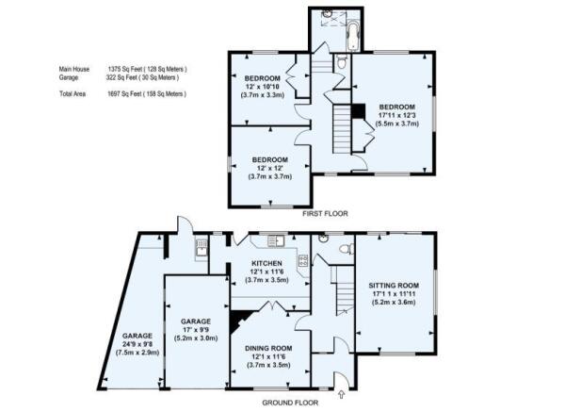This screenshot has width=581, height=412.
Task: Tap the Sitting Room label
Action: coord(394,286)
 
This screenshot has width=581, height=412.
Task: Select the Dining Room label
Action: coord(268,348)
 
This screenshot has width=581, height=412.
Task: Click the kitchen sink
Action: coord(276,240)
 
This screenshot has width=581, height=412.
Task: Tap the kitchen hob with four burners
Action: coord(303,260)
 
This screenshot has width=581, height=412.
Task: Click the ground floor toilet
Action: coord(347,249)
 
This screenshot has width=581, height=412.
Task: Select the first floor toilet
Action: coord(342,61)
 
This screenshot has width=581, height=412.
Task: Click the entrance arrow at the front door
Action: coord(341,394)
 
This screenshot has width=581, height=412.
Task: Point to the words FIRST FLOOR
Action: coord(325,214)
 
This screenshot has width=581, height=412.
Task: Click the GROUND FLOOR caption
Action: coord(290,403)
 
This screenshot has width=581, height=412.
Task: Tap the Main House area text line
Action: coord(122,69)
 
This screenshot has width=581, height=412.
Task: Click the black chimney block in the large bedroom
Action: coord(359,111)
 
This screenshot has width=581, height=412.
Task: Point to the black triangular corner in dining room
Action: coord(237,320)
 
